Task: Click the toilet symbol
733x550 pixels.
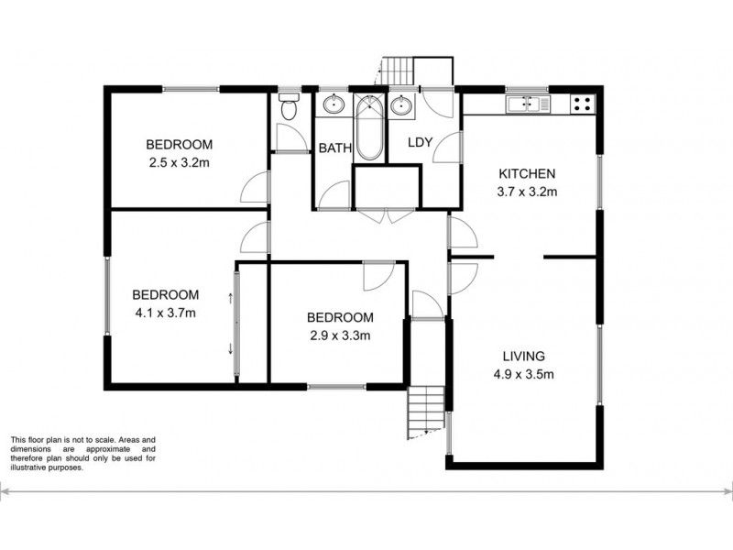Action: (290, 109)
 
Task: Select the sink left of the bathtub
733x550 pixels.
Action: (333, 104)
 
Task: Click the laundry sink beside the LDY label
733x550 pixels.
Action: (400, 105)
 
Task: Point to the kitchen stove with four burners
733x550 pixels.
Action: (581, 103)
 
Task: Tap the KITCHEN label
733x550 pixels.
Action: (527, 174)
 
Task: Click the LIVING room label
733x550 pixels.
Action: (524, 356)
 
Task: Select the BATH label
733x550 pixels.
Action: (334, 148)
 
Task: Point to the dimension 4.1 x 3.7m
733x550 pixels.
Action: (166, 313)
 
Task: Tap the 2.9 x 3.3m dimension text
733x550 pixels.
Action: (339, 335)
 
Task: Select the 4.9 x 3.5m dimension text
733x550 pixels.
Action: (524, 373)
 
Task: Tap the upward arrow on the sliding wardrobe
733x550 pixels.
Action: (230, 297)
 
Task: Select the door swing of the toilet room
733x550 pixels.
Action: (290, 137)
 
